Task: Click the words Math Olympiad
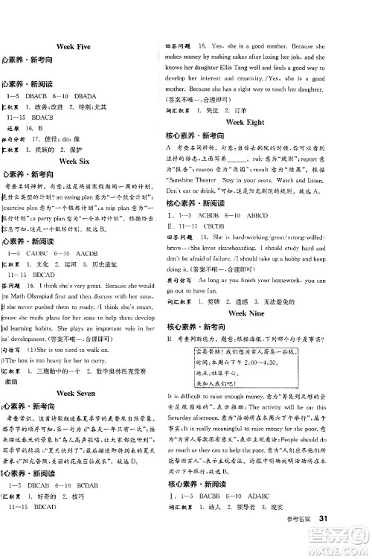pos(44,294)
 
